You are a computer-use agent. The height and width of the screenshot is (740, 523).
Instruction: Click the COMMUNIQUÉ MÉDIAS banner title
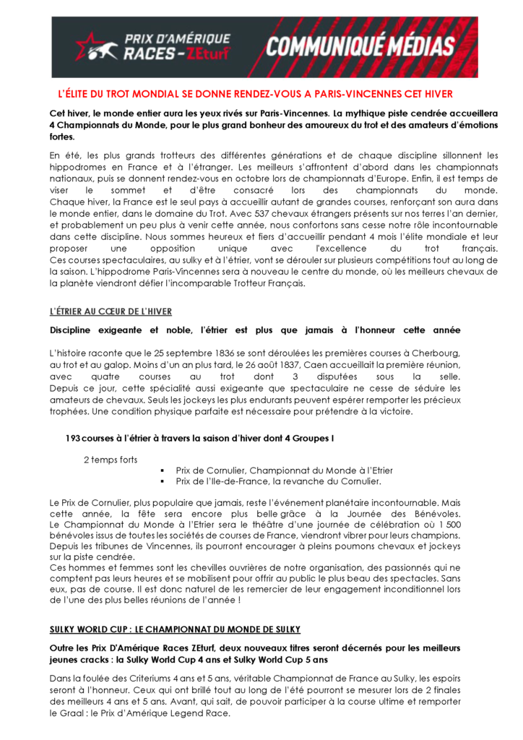(x=361, y=47)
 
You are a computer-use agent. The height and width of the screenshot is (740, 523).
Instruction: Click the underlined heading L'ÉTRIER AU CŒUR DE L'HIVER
(x=111, y=311)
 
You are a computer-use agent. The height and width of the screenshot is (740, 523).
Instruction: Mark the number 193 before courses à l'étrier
(x=72, y=438)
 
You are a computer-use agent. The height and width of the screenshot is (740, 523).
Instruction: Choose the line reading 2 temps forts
(x=111, y=459)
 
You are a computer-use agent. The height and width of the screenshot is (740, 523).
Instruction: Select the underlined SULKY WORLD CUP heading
(x=175, y=629)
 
